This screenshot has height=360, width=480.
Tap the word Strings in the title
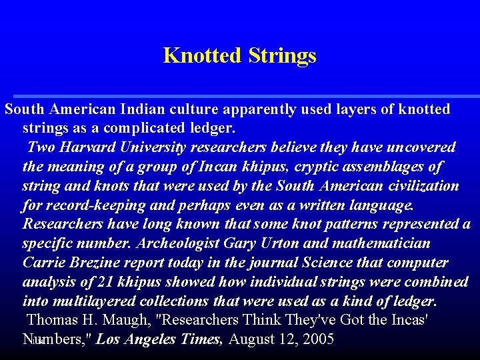[x=282, y=55]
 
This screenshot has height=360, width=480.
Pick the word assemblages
[x=372, y=167]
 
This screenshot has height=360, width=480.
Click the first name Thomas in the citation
[x=53, y=320]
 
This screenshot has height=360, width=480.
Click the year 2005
[x=318, y=339]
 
